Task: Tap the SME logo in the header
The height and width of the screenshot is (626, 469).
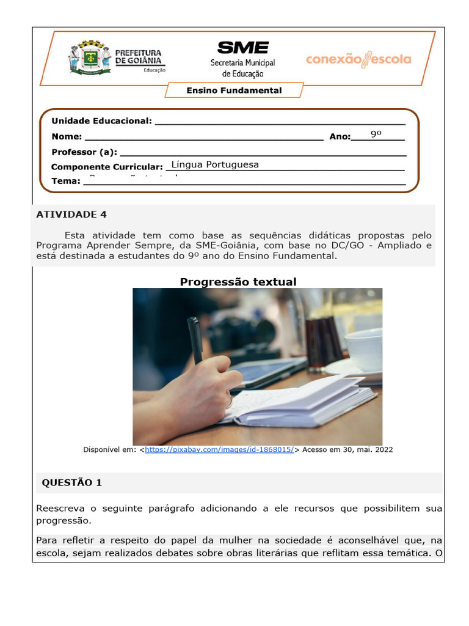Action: [242, 48]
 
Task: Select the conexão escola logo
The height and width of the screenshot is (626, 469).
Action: [358, 60]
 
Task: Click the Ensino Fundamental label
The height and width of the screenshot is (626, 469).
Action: [234, 90]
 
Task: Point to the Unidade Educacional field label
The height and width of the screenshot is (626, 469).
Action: [101, 121]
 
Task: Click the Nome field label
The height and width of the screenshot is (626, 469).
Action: [67, 137]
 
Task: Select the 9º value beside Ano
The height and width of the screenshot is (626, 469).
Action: [376, 134]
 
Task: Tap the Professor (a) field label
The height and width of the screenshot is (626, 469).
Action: [84, 152]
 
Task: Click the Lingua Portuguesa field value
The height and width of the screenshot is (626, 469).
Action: [215, 164]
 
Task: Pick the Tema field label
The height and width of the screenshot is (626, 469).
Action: [65, 181]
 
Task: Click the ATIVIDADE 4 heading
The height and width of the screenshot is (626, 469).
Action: [71, 215]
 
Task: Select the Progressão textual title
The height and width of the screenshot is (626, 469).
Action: [238, 282]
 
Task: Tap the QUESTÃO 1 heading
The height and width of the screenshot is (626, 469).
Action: [71, 483]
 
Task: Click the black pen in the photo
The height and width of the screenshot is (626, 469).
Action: [195, 339]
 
